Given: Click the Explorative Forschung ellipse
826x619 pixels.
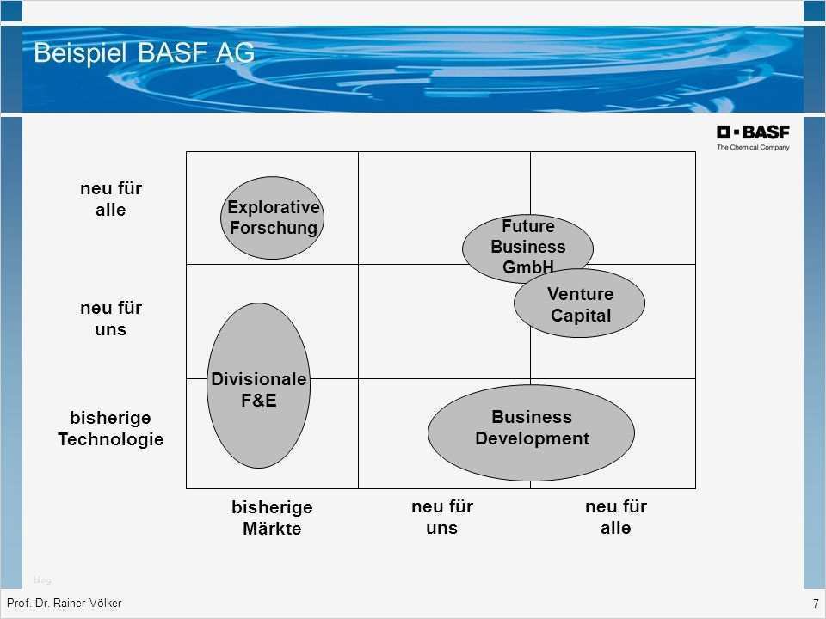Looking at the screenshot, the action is click(273, 218).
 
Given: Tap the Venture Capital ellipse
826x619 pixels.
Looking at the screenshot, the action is click(579, 303).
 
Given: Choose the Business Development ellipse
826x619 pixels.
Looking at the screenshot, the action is click(531, 432).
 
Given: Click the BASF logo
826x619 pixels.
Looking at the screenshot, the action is click(753, 132).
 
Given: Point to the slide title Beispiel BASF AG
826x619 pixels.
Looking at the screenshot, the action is click(145, 52).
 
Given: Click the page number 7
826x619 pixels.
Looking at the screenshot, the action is click(816, 604).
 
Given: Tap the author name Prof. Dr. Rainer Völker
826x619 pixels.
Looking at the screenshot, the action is click(65, 604).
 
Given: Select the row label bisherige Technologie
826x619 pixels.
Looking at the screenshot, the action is click(111, 428).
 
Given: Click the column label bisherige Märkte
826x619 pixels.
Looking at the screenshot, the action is click(273, 518).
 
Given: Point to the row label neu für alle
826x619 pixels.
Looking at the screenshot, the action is click(111, 199).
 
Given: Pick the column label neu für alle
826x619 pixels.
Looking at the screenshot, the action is click(616, 517).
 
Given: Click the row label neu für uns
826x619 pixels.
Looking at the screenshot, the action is click(111, 318).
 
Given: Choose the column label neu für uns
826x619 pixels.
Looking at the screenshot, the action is click(442, 517).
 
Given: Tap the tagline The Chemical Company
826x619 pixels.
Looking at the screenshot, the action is click(753, 147).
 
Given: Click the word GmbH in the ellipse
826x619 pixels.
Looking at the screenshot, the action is click(527, 267).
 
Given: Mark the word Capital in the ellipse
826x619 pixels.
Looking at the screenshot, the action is click(581, 316).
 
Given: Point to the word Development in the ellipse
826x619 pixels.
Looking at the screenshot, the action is click(532, 438).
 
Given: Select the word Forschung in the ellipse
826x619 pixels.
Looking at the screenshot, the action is click(274, 229).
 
